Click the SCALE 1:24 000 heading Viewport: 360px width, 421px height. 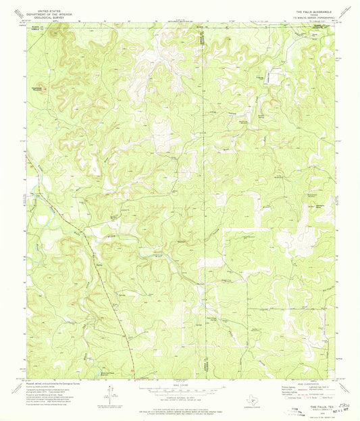[180, 386]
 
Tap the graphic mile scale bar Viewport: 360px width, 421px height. [180, 390]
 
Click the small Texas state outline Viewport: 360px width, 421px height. [252, 401]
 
